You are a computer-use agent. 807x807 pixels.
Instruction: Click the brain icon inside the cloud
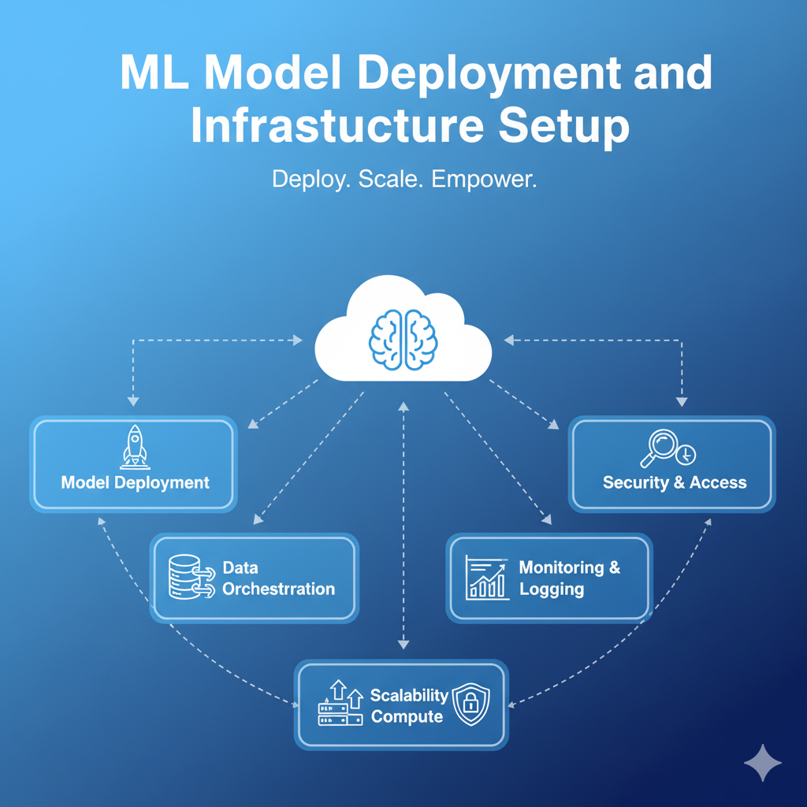(x=403, y=337)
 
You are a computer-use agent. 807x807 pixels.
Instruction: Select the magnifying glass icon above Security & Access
(x=660, y=448)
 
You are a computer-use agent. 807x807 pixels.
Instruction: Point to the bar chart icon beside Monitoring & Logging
(x=485, y=578)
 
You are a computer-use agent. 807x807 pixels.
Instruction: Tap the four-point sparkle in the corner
(x=763, y=763)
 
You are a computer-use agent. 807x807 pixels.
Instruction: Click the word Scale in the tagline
(x=381, y=180)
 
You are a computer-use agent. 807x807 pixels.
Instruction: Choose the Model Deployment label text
(x=135, y=482)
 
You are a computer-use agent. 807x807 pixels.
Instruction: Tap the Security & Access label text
(x=674, y=482)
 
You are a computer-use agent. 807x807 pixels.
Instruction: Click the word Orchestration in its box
(x=278, y=589)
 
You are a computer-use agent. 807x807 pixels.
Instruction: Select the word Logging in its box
(x=552, y=589)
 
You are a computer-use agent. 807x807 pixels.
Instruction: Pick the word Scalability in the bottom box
(x=409, y=695)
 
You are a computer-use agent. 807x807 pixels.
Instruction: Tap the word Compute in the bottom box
(x=407, y=716)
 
